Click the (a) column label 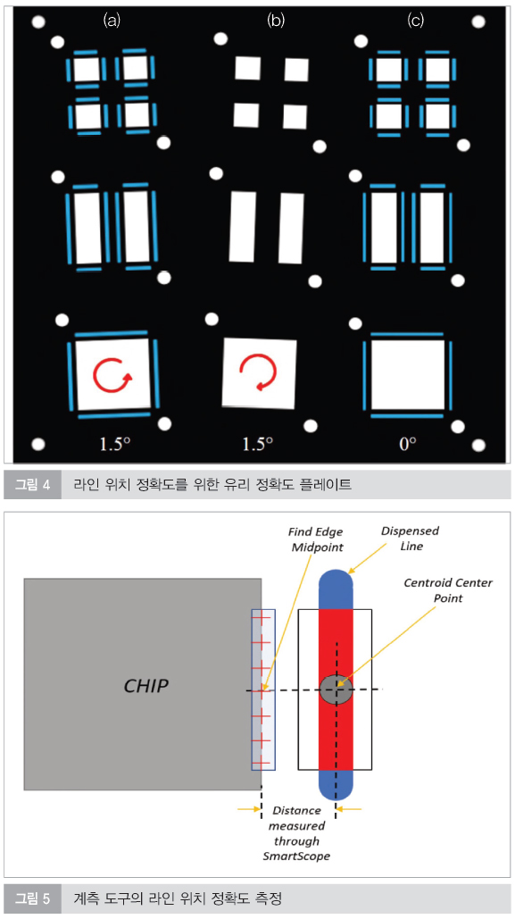click(112, 21)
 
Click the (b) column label click(276, 21)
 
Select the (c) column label click(415, 21)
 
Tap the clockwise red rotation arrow click(112, 376)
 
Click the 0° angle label click(407, 444)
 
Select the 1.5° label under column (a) click(115, 444)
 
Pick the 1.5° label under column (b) click(258, 444)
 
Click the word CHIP click(145, 686)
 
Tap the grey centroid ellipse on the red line click(336, 689)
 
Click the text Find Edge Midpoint click(315, 539)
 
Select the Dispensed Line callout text click(410, 538)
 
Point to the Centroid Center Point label click(448, 590)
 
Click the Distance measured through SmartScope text click(296, 833)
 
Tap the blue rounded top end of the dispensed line click(336, 589)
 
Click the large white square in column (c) click(408, 375)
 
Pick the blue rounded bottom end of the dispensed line click(336, 784)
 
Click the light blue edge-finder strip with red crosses click(263, 689)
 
